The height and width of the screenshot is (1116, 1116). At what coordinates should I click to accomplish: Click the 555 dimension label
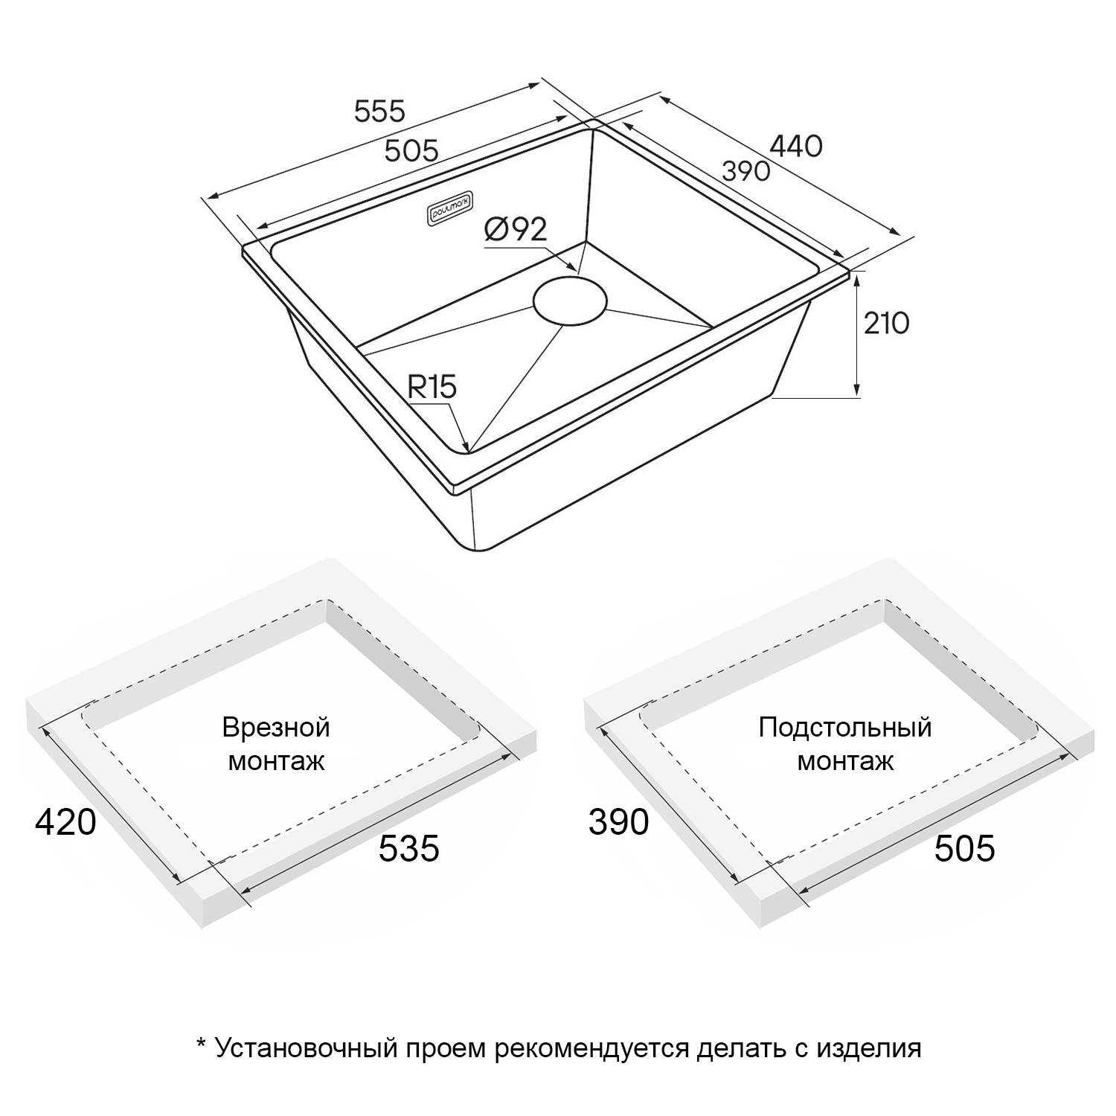[x=380, y=112]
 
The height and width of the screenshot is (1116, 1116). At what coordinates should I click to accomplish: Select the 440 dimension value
[x=795, y=147]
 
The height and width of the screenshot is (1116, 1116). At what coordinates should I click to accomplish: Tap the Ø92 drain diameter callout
[x=515, y=230]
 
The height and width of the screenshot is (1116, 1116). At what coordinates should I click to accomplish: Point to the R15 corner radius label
[x=432, y=387]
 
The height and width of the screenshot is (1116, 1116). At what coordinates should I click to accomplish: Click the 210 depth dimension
[x=886, y=324]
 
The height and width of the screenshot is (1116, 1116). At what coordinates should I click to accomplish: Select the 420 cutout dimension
[x=65, y=822]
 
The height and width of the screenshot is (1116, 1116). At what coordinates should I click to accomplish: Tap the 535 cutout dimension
[x=409, y=849]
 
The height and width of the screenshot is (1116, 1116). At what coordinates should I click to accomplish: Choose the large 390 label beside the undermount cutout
[x=619, y=822]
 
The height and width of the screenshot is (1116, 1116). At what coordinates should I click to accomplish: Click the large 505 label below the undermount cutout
[x=965, y=849]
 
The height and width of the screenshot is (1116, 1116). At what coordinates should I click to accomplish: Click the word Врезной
[x=276, y=727]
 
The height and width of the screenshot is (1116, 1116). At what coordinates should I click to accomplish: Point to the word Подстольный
[x=845, y=727]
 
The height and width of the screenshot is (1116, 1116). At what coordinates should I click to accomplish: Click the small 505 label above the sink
[x=411, y=151]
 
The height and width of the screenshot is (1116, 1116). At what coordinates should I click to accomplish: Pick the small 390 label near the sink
[x=746, y=171]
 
